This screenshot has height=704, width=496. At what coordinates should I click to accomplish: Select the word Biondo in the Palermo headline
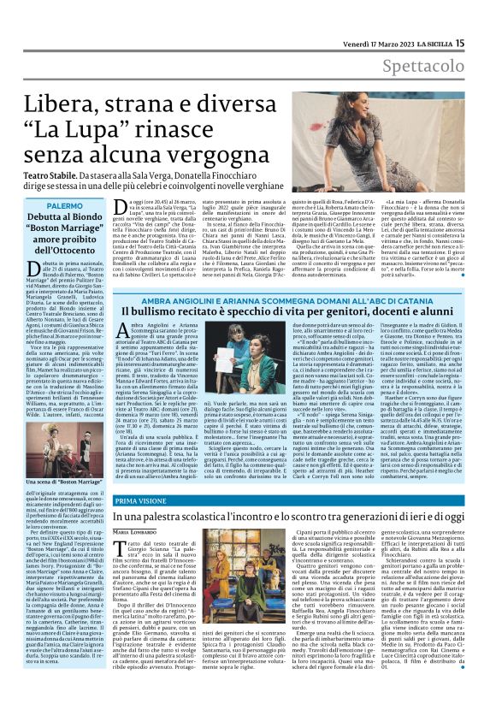coord(104,220)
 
